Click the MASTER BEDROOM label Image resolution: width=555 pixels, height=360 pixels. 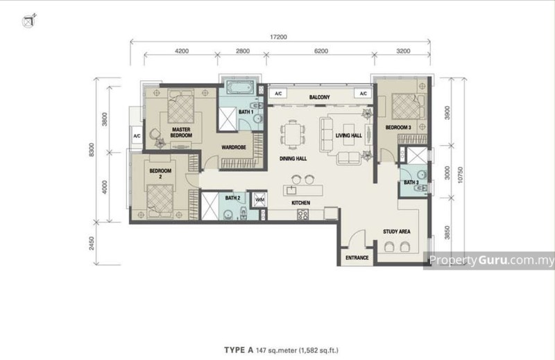(x=181, y=132)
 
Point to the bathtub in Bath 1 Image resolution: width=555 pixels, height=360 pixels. (x=241, y=90)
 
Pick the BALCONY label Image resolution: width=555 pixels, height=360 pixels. (x=319, y=97)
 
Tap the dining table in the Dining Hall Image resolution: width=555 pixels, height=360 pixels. (x=294, y=133)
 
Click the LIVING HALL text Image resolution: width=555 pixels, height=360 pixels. (x=348, y=136)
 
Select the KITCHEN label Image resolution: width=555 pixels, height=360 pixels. (x=300, y=203)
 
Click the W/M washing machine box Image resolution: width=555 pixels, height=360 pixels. (x=260, y=200)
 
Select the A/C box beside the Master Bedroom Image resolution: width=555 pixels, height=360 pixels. (x=137, y=137)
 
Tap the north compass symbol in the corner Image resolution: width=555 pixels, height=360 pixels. (x=27, y=22)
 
